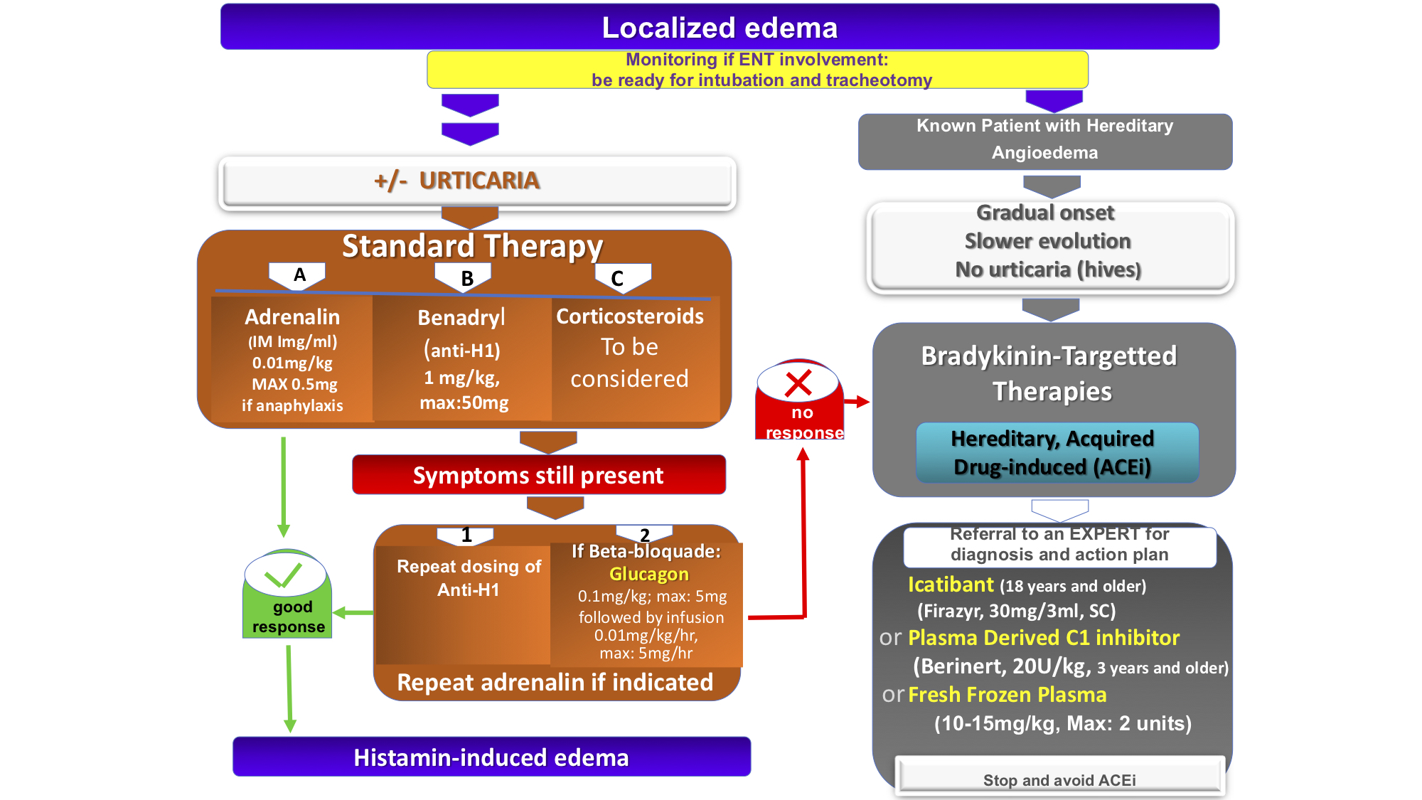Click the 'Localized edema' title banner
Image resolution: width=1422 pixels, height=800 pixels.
[x=720, y=28]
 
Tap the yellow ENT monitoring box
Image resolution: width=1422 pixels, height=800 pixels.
[x=757, y=70]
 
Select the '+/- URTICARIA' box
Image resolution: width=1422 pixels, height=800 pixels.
[x=477, y=181]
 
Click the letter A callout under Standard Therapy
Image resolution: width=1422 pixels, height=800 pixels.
[x=299, y=275]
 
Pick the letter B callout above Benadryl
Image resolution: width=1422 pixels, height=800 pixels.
[x=466, y=278]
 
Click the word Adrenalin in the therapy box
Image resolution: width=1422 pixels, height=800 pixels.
[x=292, y=317]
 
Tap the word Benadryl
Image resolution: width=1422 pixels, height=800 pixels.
[x=461, y=318]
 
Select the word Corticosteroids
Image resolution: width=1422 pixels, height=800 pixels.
[x=629, y=316]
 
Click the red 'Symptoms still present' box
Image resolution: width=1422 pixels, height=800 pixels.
[x=538, y=475]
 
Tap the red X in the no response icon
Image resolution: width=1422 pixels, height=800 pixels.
[x=798, y=383]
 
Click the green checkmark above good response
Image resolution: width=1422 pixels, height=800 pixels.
[x=283, y=575]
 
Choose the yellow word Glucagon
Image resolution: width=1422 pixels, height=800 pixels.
[x=648, y=574]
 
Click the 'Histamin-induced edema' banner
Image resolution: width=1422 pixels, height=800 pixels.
[x=491, y=757]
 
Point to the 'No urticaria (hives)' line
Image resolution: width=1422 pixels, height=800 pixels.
[x=1047, y=270]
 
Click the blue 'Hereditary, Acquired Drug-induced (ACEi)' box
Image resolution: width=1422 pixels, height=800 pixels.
[x=1057, y=453]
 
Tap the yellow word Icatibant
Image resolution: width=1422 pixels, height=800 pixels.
[x=951, y=585]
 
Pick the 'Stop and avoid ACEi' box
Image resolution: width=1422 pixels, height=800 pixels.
[x=1059, y=779]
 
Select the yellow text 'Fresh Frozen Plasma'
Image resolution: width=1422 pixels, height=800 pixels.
[x=1007, y=695]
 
